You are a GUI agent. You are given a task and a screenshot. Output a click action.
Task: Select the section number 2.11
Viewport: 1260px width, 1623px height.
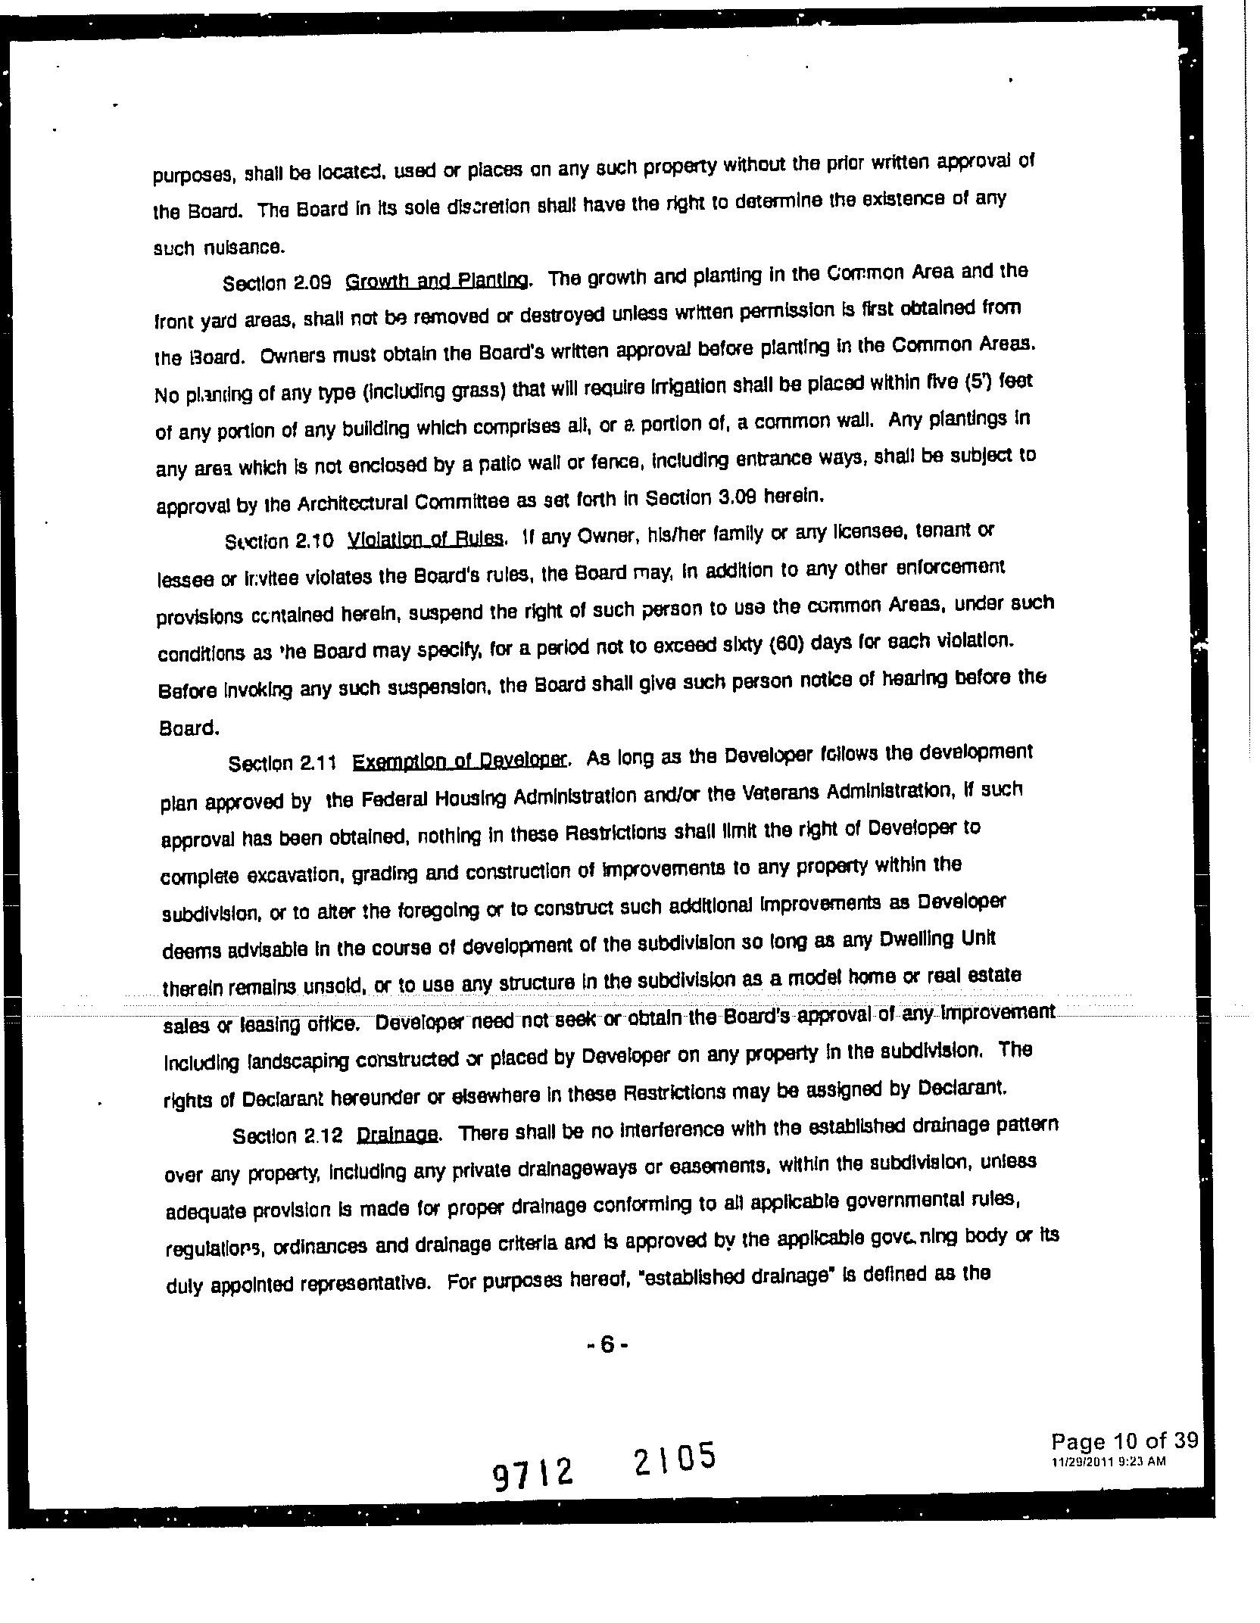coord(317,763)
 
